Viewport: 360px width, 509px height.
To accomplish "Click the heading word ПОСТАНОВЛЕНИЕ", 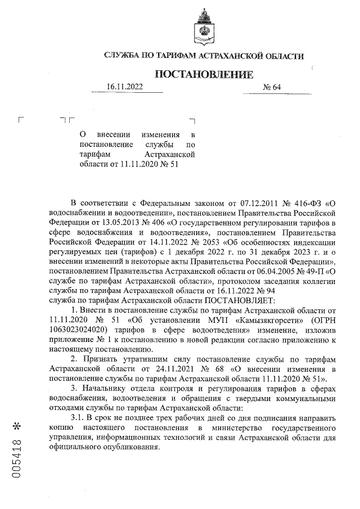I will click(204, 75).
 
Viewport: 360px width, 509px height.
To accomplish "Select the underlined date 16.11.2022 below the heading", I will click(125, 87).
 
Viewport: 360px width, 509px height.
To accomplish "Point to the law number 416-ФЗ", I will click(304, 202).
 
